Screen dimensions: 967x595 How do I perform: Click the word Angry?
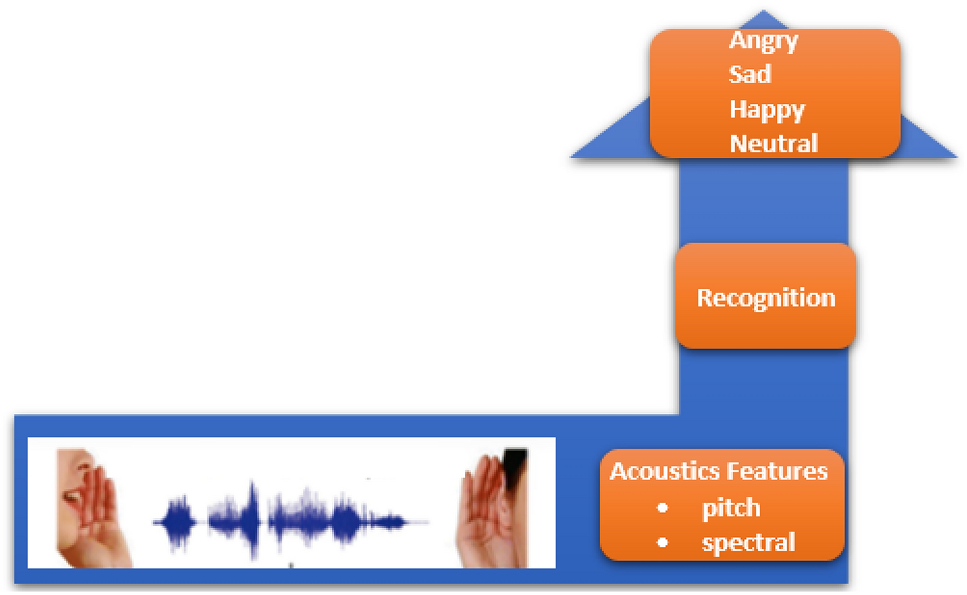point(763,41)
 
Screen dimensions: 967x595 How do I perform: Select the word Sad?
point(750,74)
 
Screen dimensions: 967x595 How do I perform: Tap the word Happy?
point(766,109)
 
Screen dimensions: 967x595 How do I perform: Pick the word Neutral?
point(773,143)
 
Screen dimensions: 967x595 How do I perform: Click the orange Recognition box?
point(765,296)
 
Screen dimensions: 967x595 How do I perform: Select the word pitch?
point(731,508)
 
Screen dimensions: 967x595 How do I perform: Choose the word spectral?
point(748,542)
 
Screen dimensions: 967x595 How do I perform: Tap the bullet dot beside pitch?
point(662,508)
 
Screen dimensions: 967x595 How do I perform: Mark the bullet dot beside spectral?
point(662,542)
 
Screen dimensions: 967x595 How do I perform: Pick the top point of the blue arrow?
point(763,12)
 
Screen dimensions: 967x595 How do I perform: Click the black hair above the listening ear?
point(516,465)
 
